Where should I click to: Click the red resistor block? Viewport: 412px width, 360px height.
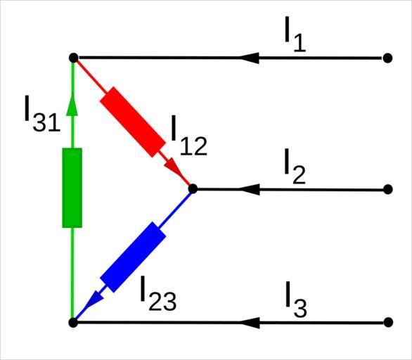(x=133, y=122)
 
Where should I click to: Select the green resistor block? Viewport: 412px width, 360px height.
(x=72, y=188)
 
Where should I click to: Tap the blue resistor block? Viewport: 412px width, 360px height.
(x=133, y=257)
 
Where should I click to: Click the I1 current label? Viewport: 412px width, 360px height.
(x=295, y=34)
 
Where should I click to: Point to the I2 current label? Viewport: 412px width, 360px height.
(x=295, y=166)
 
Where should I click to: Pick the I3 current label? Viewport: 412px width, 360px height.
(x=296, y=299)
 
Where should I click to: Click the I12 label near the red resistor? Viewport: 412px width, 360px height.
(x=189, y=136)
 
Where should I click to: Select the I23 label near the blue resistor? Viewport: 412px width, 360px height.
(x=158, y=293)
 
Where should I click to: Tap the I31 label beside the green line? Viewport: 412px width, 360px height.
(x=43, y=113)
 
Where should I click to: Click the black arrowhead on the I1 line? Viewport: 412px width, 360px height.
(x=250, y=58)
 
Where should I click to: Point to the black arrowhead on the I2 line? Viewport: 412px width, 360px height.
(x=250, y=189)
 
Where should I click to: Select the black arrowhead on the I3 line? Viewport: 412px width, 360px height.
(x=250, y=323)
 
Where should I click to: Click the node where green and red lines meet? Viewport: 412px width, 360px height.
(x=74, y=58)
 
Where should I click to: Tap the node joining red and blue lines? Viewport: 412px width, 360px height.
(x=193, y=188)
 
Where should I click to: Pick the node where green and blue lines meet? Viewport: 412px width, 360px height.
(x=73, y=323)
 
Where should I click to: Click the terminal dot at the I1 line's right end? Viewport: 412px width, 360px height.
(x=387, y=58)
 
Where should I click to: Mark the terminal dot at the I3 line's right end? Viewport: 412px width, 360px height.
(x=388, y=322)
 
